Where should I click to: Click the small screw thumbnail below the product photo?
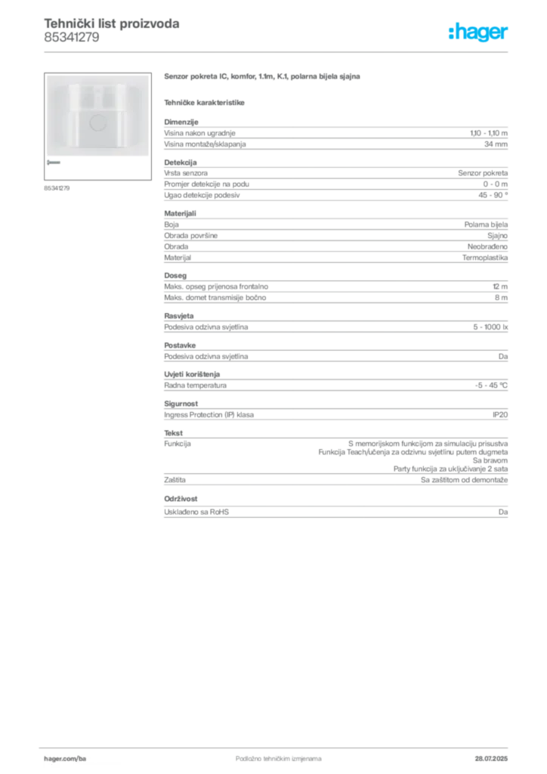tap(55, 163)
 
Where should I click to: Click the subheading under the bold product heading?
tap(206, 102)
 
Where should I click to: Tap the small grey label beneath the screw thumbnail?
tap(57, 187)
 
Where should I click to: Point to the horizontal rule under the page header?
tap(278, 51)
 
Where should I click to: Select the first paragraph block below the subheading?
tap(335, 135)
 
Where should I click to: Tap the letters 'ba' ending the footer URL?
tap(83, 757)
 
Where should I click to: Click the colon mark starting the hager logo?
tap(449, 33)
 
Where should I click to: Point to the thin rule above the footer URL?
tap(278, 746)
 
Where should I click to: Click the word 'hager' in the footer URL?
tap(54, 757)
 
